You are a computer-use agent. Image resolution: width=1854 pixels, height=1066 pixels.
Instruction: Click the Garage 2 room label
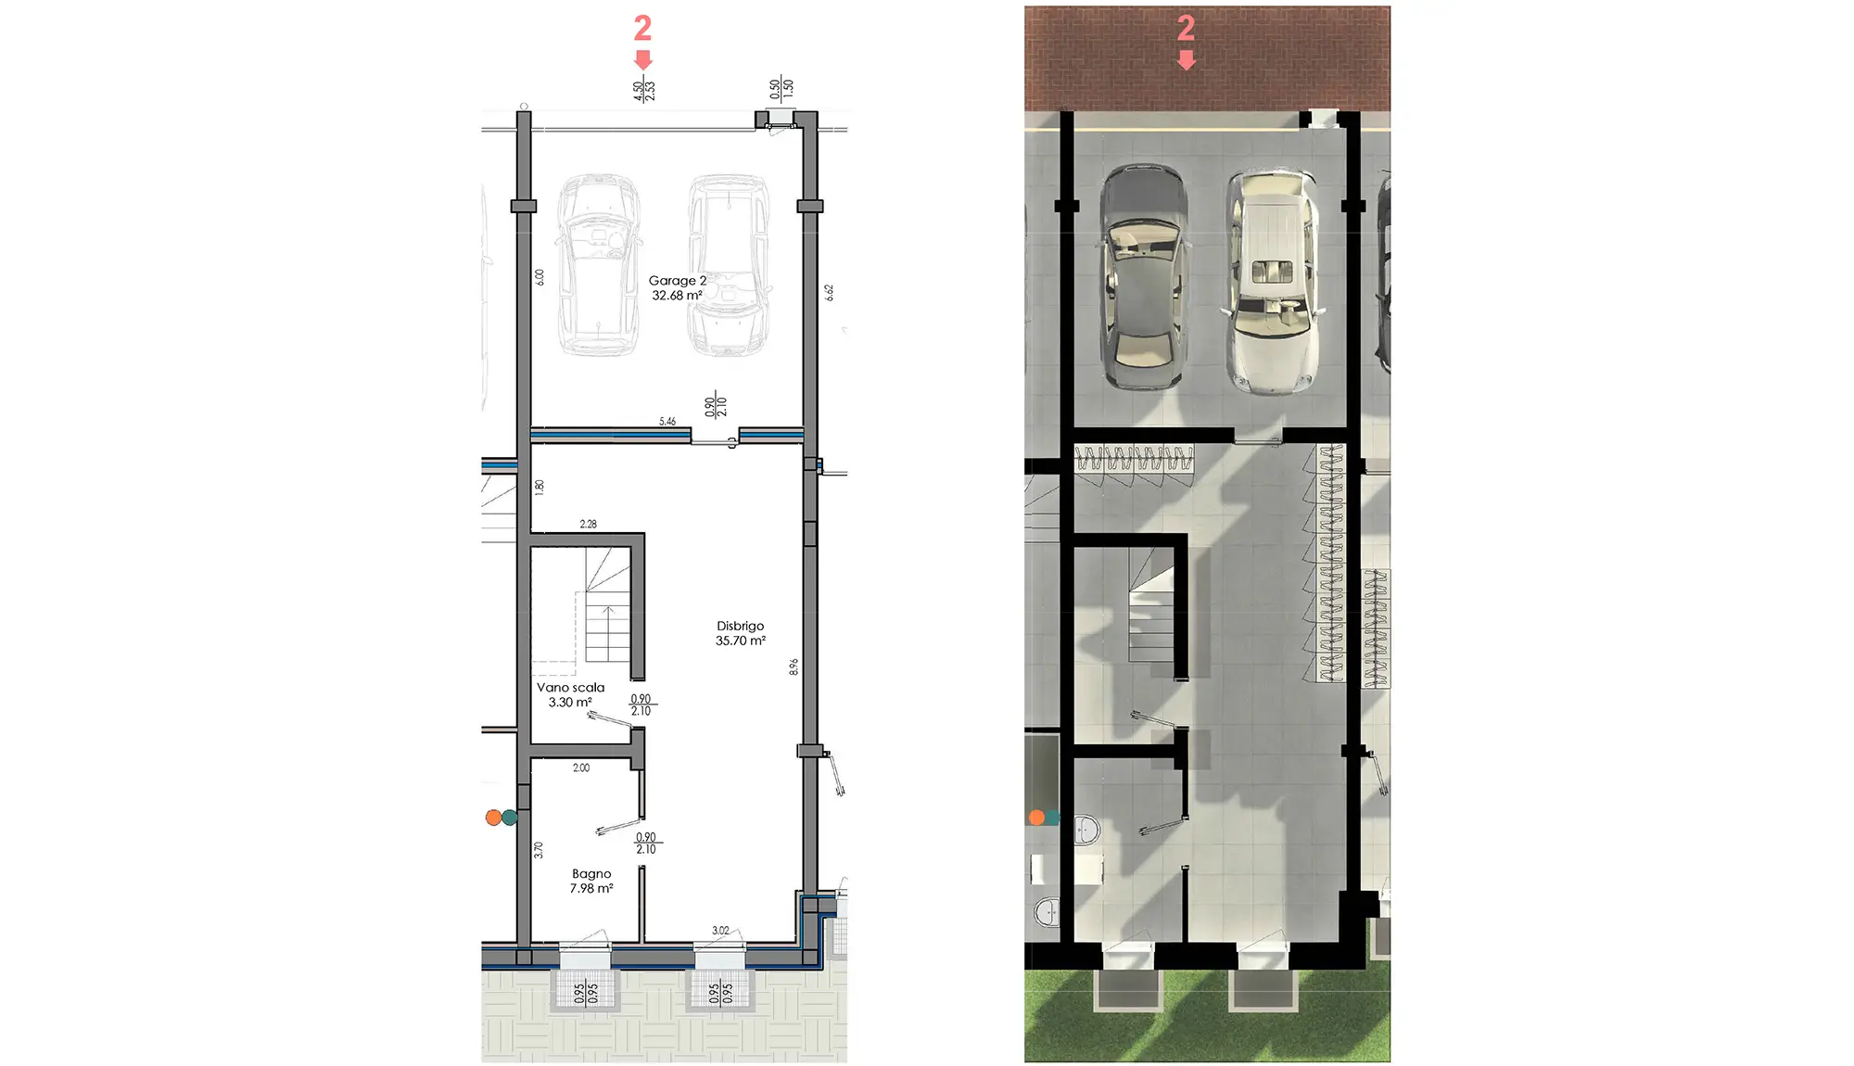677,281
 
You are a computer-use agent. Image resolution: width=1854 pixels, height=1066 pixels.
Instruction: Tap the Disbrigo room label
740,627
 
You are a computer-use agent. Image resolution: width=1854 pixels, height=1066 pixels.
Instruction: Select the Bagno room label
591,874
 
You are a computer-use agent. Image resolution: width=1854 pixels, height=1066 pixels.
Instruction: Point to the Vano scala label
570,688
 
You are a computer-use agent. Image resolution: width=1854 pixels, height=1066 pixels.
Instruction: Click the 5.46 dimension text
667,422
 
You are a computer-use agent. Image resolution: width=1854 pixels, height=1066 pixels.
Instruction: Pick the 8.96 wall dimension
794,666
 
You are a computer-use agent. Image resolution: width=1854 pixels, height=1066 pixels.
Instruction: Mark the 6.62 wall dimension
830,292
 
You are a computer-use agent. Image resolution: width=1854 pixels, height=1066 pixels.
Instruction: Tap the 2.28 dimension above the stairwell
589,525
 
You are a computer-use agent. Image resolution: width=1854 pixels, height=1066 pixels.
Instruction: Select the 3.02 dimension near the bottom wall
720,931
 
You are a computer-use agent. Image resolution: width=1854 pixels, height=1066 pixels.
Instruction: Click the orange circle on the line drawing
493,818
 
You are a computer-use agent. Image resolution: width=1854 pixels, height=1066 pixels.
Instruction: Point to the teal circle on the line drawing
509,818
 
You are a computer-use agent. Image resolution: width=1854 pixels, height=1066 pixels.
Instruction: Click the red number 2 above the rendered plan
1186,28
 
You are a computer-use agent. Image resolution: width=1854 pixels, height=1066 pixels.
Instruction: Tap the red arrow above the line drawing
642,60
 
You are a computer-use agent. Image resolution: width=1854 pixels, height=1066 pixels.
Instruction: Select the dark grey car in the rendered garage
1143,276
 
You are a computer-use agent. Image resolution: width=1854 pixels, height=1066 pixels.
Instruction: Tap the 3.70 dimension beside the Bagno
539,849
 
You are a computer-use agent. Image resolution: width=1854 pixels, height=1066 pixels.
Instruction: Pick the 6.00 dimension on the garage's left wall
540,277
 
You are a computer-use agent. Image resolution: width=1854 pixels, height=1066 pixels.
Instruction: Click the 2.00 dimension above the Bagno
581,768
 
